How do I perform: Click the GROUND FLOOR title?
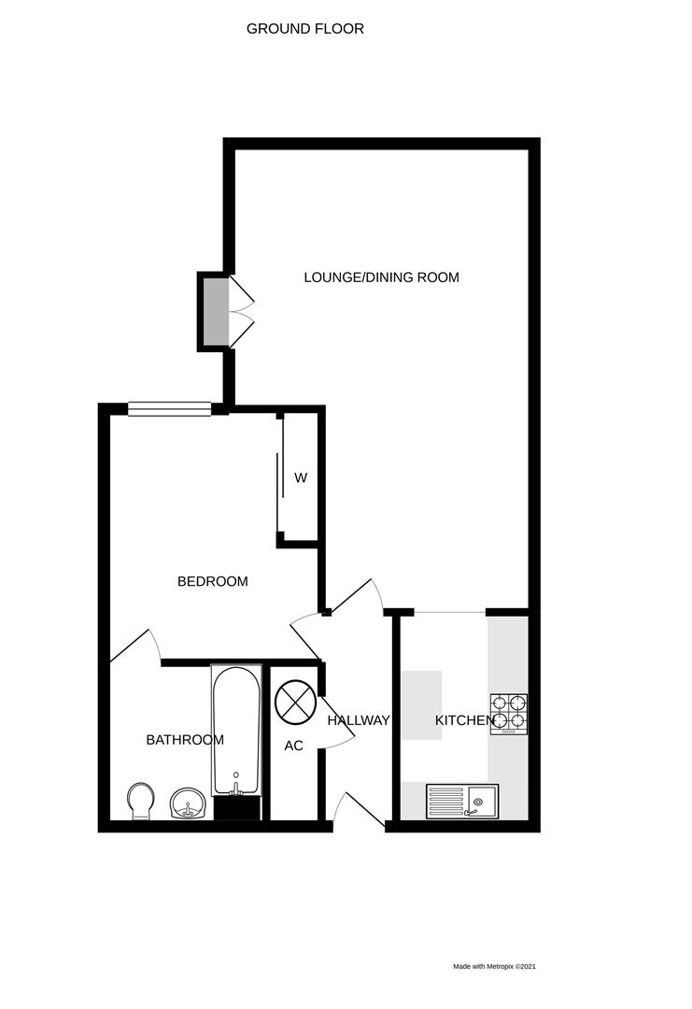tap(305, 29)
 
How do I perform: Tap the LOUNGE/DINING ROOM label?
tap(381, 277)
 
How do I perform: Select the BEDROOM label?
tap(213, 581)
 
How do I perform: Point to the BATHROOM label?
tap(185, 740)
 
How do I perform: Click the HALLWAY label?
tap(358, 720)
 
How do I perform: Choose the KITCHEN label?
tap(464, 720)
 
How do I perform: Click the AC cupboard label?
tap(294, 746)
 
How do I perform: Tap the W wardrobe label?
tap(301, 478)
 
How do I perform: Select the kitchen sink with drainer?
tap(463, 801)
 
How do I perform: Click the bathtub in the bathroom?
tap(236, 729)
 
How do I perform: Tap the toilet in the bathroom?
tap(141, 801)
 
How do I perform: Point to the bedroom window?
tap(170, 408)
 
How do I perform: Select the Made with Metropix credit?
tap(494, 967)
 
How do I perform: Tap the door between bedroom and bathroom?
tap(136, 647)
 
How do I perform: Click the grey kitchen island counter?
tap(421, 705)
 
